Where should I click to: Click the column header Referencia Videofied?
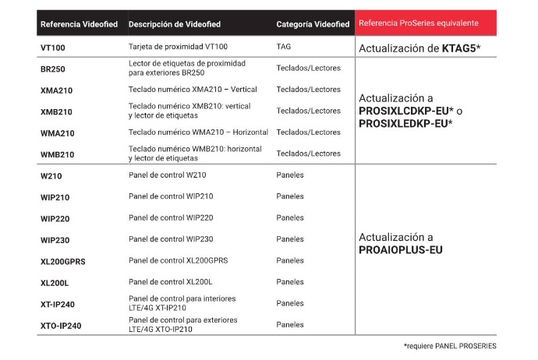tap(79, 24)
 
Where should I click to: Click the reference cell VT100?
tap(52, 48)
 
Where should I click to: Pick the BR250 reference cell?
tap(52, 69)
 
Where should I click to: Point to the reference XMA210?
tap(56, 90)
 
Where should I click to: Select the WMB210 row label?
tap(57, 154)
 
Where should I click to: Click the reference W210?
tap(51, 175)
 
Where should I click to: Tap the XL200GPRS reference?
tap(62, 261)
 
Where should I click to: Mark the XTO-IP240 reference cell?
tap(60, 325)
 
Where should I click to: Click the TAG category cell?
tap(284, 47)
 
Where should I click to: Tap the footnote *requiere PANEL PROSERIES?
tap(449, 346)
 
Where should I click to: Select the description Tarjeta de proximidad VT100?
tap(178, 47)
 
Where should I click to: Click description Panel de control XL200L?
tap(170, 282)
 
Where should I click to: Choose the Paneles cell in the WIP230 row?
tap(290, 239)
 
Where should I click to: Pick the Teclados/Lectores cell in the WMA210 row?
tap(308, 132)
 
